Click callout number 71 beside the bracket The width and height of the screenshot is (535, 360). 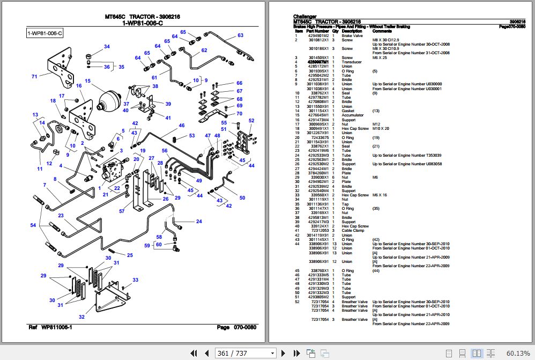[x=34, y=77]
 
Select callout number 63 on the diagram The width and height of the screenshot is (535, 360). [x=240, y=36]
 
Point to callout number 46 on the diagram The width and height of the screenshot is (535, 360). [x=182, y=126]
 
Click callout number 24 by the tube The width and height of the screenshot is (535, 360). [x=199, y=222]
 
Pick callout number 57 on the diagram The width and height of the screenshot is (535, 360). [x=122, y=211]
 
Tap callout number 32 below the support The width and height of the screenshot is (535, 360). [x=81, y=317]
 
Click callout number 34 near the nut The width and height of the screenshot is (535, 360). [x=107, y=47]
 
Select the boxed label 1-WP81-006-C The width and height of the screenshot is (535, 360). [x=45, y=34]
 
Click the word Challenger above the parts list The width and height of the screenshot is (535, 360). [x=304, y=17]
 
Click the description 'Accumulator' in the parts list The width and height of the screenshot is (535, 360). [x=353, y=115]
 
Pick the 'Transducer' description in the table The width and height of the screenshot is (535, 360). [x=352, y=62]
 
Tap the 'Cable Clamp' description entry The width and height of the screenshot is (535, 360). [x=353, y=231]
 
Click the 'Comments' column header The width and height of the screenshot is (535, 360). [x=382, y=31]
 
